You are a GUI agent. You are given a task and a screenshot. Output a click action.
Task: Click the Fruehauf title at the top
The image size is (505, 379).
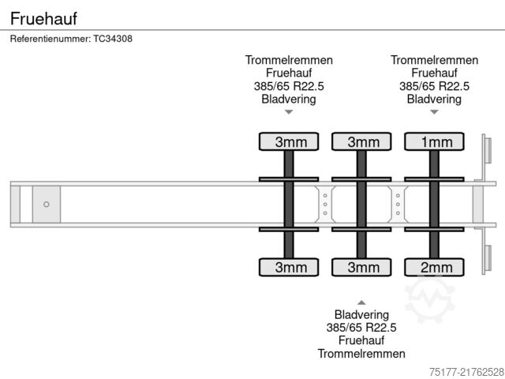pyautogui.click(x=44, y=16)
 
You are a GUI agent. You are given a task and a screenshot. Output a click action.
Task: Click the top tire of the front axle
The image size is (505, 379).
pyautogui.click(x=290, y=142)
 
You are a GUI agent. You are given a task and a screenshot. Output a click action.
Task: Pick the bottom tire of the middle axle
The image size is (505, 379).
pyautogui.click(x=362, y=268)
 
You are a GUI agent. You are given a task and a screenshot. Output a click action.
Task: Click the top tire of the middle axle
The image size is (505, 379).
pyautogui.click(x=362, y=142)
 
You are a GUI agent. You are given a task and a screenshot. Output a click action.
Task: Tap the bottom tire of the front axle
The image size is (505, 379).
pyautogui.click(x=290, y=268)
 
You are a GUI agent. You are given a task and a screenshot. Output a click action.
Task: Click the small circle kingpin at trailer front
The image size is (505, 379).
pyautogui.click(x=47, y=205)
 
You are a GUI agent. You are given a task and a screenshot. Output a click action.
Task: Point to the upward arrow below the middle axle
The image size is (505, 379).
pyautogui.click(x=361, y=302)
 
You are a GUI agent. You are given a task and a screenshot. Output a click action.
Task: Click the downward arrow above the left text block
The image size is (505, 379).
pyautogui.click(x=289, y=112)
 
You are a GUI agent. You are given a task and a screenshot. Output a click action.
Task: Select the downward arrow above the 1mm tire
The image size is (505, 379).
pyautogui.click(x=434, y=112)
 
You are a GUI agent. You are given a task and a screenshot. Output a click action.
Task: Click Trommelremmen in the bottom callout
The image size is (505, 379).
pyautogui.click(x=361, y=353)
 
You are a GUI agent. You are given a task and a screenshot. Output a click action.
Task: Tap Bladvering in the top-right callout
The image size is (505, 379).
pyautogui.click(x=434, y=99)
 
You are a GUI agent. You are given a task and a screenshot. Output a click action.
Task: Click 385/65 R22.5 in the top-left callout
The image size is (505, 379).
pyautogui.click(x=289, y=86)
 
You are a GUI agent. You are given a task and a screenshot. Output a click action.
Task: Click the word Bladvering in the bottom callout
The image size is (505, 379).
pyautogui.click(x=361, y=314)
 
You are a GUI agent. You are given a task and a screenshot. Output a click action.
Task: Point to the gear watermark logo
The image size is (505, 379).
pyautogui.click(x=429, y=300)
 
